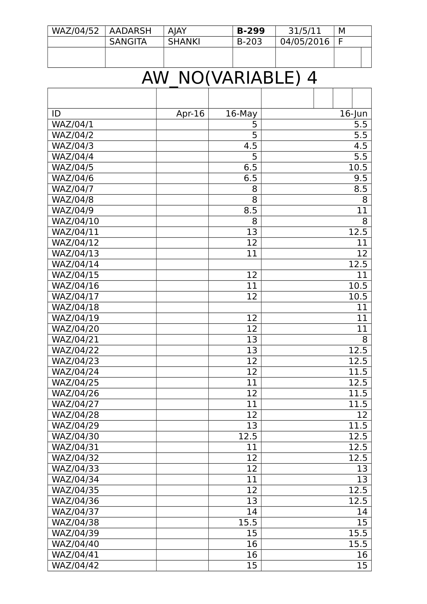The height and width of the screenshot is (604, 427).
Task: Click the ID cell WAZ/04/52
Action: click(x=75, y=31)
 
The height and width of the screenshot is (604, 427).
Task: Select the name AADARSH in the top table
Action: click(x=130, y=31)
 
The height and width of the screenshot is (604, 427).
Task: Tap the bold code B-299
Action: click(x=251, y=31)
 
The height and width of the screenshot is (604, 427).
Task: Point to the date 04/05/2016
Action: click(x=305, y=42)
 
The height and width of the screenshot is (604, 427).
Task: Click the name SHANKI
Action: click(x=184, y=42)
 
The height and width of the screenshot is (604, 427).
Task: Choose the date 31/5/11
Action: click(x=305, y=31)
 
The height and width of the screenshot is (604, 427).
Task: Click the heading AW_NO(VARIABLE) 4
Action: click(x=229, y=78)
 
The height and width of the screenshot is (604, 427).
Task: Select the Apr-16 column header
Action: click(x=190, y=114)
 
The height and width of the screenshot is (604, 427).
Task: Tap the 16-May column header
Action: click(x=241, y=114)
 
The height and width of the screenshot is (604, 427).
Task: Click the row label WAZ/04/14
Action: click(x=75, y=264)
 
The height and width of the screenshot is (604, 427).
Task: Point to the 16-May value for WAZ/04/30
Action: click(x=247, y=436)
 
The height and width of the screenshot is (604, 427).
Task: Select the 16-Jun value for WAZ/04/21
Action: click(x=365, y=340)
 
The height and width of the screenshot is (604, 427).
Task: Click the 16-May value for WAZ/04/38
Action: click(x=247, y=522)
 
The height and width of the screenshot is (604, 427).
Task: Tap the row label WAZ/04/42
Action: click(x=75, y=566)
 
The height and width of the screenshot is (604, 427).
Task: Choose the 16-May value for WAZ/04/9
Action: click(x=250, y=210)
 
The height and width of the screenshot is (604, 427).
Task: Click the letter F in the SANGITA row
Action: click(x=340, y=42)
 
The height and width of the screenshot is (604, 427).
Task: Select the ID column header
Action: click(x=56, y=114)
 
